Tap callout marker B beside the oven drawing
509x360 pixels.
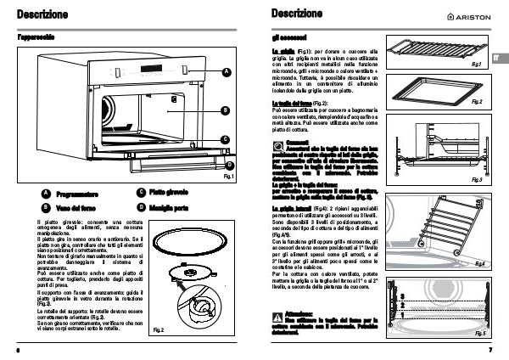point(227,110)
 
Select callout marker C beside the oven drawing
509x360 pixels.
point(227,139)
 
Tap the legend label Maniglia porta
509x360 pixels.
point(172,207)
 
